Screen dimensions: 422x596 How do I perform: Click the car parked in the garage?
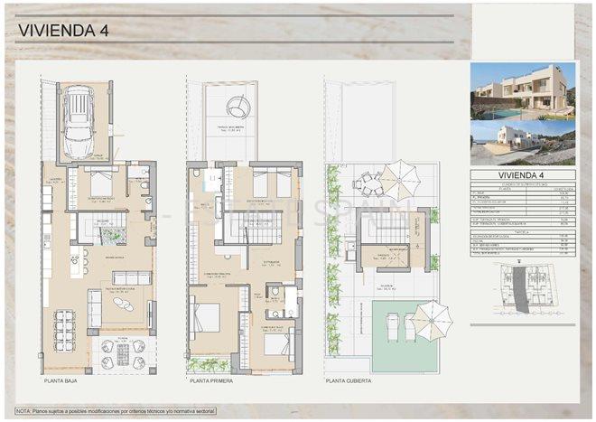pos(79,121)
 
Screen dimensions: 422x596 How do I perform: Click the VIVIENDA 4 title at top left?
pos(63,30)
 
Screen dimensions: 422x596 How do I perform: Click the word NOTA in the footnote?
pos(26,410)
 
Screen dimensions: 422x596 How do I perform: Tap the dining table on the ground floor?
pos(65,330)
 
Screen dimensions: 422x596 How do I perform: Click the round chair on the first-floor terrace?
pos(238,108)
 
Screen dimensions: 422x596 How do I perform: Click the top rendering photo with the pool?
pos(522,90)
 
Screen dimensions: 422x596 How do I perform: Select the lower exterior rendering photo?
pos(522,142)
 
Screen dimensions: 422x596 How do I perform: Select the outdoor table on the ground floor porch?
pos(123,354)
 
